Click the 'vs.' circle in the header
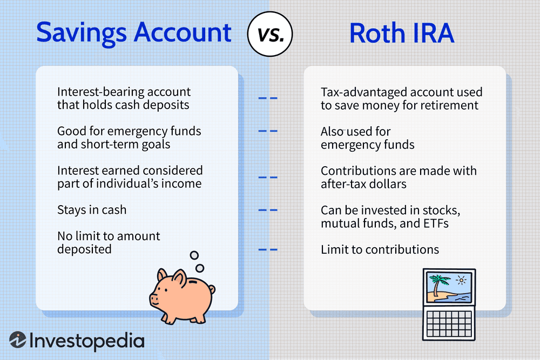click(x=269, y=33)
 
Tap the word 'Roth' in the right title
click(x=378, y=33)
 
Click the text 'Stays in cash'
click(x=92, y=209)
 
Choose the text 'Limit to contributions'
click(x=380, y=249)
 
